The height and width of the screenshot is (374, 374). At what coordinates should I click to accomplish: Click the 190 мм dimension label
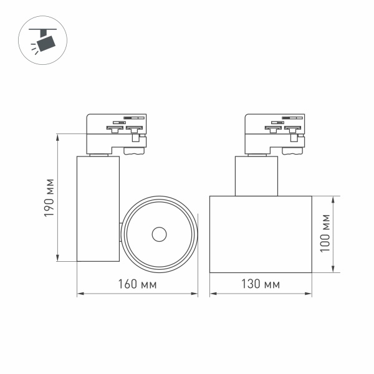50,198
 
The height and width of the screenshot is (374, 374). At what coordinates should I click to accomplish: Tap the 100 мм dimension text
324,234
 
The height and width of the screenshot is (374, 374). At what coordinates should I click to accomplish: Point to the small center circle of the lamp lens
159,234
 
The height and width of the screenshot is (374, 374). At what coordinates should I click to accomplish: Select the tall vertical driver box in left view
97,208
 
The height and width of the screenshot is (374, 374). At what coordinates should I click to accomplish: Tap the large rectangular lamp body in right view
261,234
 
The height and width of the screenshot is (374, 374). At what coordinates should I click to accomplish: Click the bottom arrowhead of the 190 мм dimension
57,259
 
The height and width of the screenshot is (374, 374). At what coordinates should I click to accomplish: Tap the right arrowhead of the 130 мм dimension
310,294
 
